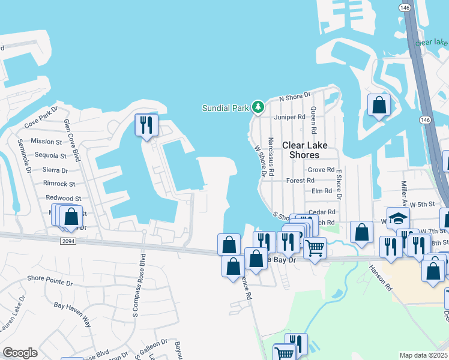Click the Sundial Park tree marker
[258, 107]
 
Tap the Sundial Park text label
[225, 108]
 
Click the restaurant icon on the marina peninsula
[146, 125]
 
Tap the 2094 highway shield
[68, 241]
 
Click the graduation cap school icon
[397, 218]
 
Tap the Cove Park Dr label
[41, 118]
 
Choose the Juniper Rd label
[286, 117]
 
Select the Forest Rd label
[301, 180]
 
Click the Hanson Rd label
[381, 278]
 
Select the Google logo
[20, 353]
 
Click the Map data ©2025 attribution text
[424, 355]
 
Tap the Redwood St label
[63, 198]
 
